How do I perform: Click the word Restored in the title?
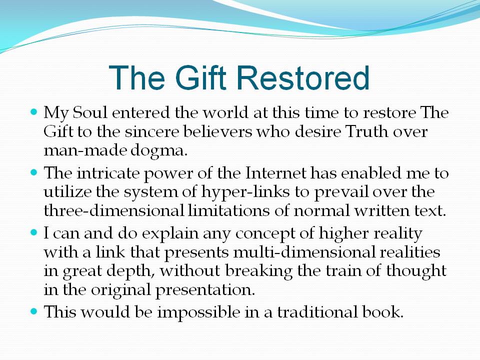[x=303, y=78]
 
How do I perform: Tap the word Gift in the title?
[x=200, y=78]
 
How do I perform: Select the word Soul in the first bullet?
[x=89, y=112]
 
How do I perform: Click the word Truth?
[x=366, y=131]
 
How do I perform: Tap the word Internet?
[x=276, y=173]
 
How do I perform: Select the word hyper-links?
[x=245, y=192]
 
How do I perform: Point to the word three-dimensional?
[x=114, y=210]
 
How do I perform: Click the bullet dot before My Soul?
[x=34, y=111]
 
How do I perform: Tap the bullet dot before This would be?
[x=34, y=311]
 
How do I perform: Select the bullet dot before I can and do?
[x=34, y=232]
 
